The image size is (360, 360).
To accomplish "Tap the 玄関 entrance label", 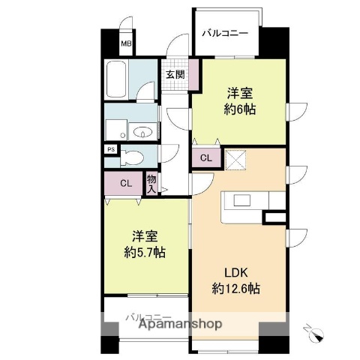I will point(175,73).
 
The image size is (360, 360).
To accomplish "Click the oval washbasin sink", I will point(142,133).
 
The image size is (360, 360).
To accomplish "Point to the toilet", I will point(135,157).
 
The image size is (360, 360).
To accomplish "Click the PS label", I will point(111,148).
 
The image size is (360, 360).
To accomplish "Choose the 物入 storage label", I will point(151,183).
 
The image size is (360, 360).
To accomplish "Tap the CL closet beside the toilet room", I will point(126,182).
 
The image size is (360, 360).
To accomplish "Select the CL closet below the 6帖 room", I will point(205,157).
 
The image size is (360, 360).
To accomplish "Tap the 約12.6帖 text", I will point(236,287).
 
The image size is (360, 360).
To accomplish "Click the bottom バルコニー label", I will point(148,316).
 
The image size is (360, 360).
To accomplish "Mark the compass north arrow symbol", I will point(313,331).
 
